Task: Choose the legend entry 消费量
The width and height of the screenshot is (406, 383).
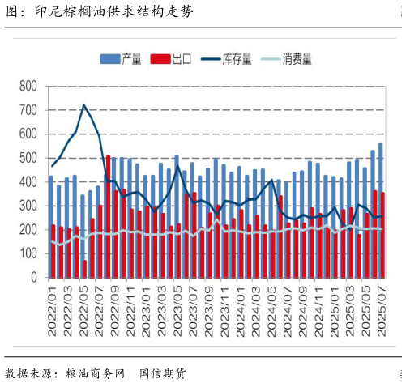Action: (297, 59)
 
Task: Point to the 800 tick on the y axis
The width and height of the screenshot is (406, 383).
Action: (28, 86)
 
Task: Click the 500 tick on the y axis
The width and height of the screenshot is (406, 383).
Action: (28, 158)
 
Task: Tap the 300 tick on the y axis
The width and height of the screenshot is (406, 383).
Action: (28, 206)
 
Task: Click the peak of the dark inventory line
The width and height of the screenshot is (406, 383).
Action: (83, 104)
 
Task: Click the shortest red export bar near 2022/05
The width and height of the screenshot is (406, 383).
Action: (85, 268)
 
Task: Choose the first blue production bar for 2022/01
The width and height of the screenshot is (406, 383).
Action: (50, 227)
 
